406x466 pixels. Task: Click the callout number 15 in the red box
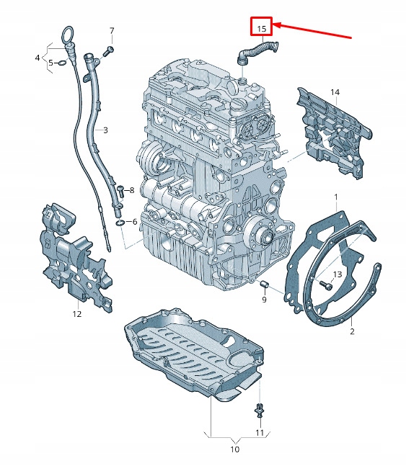[260, 28]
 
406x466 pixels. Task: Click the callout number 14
[335, 92]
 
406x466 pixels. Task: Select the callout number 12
[77, 313]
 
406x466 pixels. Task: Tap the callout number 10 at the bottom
[234, 449]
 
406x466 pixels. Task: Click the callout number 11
[260, 433]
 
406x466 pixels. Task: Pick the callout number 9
[265, 299]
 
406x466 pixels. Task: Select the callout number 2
[352, 331]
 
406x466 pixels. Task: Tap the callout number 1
[335, 197]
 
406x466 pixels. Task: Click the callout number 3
[105, 130]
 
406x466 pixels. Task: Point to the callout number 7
[112, 30]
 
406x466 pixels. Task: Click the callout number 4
[37, 56]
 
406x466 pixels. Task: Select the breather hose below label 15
[258, 50]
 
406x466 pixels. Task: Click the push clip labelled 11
[259, 411]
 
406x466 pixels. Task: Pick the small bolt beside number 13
[323, 284]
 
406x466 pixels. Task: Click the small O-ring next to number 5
[62, 63]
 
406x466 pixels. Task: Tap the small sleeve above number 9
[264, 282]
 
